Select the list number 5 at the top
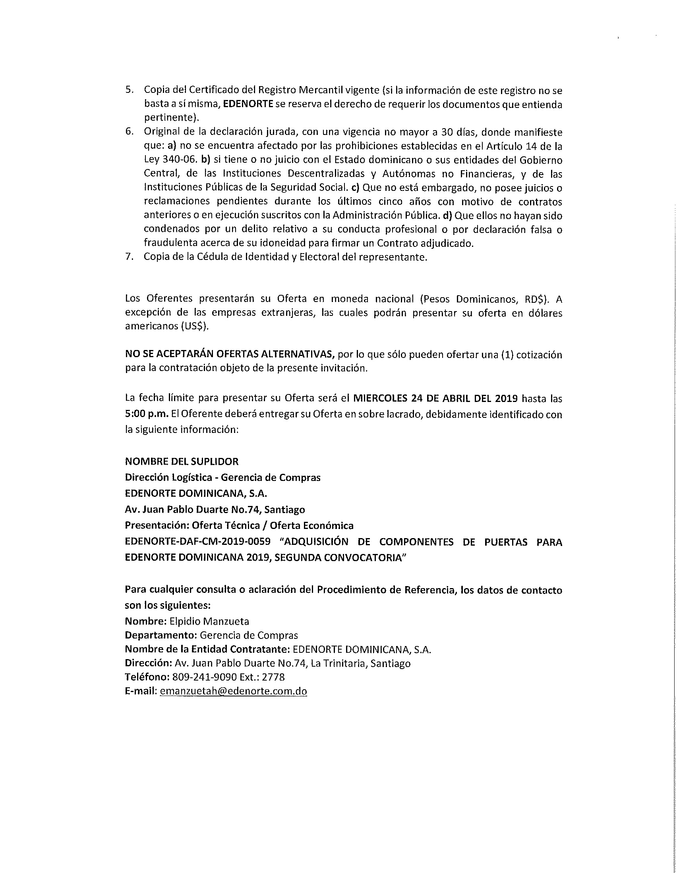[x=128, y=90]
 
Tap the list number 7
[x=128, y=257]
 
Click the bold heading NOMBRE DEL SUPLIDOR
[x=182, y=461]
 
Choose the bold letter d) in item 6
[x=447, y=216]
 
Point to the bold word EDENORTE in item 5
[x=248, y=104]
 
